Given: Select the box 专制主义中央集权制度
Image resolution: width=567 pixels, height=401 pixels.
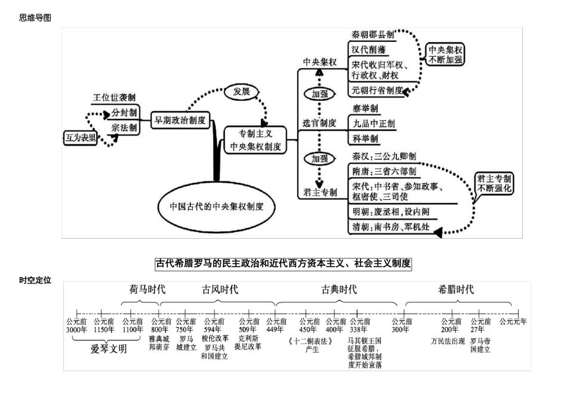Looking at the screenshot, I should (255, 140).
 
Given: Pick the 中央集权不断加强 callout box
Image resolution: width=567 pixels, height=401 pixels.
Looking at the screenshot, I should (445, 54).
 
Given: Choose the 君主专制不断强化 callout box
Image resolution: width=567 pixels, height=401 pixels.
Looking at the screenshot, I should (494, 183).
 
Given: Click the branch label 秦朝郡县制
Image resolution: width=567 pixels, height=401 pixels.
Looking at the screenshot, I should (373, 35).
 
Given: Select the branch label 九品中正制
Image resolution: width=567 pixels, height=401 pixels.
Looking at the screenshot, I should (374, 124).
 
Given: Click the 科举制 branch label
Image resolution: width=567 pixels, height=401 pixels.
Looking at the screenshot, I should (365, 139).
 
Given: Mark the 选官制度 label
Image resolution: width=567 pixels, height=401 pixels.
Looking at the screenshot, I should (319, 123).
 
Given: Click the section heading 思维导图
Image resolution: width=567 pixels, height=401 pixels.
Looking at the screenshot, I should (35, 18).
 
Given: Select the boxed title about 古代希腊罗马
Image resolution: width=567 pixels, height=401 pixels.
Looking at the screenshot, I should (283, 263).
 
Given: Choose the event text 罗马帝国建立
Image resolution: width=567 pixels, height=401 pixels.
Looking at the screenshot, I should (480, 345).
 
